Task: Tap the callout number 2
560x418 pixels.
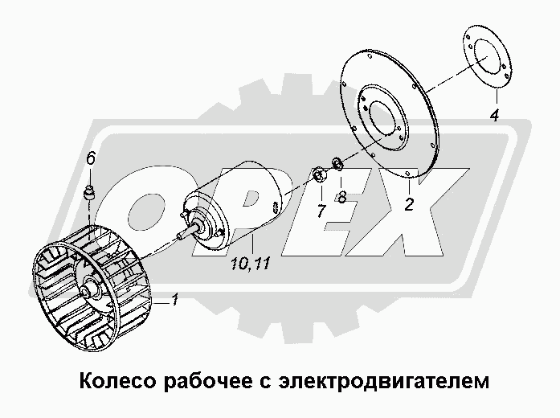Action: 409,203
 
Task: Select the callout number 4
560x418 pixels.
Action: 494,115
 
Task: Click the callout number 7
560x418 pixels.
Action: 321,212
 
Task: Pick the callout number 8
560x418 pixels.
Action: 342,196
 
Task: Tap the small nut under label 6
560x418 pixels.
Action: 90,192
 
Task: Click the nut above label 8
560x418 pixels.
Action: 337,166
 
